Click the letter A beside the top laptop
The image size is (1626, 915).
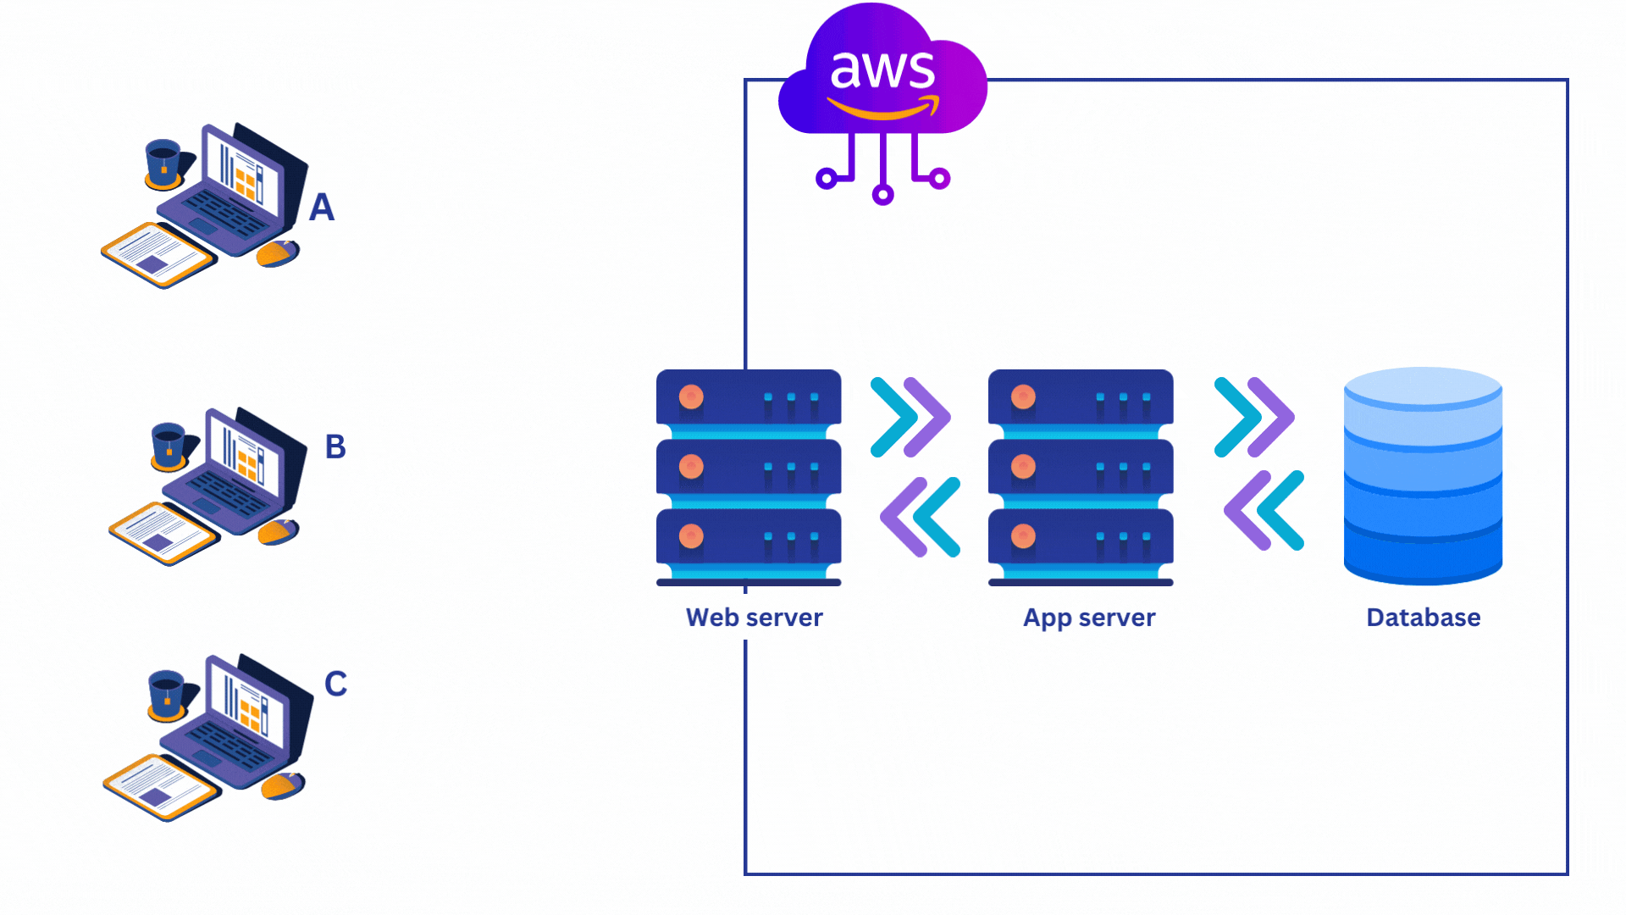pos(321,208)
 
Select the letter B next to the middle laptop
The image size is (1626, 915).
pos(335,446)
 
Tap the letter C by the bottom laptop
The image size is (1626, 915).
pos(335,684)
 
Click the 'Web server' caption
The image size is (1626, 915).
pos(754,618)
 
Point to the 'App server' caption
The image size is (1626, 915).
pos(1089,618)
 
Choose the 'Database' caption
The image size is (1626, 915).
pos(1423,618)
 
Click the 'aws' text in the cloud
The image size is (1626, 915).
pos(882,69)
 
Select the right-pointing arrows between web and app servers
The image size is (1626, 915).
pos(910,417)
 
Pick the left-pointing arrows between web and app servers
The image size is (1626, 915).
pos(921,517)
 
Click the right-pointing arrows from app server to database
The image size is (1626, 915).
pos(1254,417)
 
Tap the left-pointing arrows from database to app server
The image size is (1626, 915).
pos(1264,511)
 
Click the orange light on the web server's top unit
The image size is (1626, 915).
pos(691,396)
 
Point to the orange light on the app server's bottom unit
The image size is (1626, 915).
pos(1023,535)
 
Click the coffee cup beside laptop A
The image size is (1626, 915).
pos(163,162)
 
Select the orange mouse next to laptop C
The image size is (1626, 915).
pos(282,785)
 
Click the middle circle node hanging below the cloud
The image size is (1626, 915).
pos(882,196)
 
